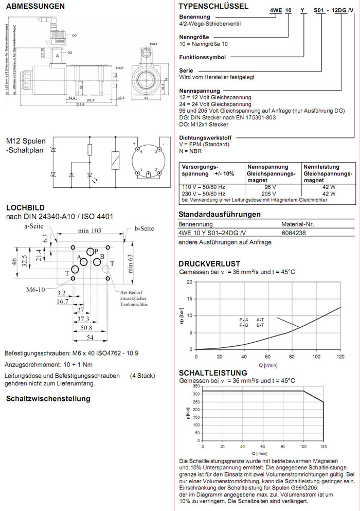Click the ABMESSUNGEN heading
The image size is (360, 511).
pyautogui.click(x=35, y=7)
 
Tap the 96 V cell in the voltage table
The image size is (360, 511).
pyautogui.click(x=271, y=187)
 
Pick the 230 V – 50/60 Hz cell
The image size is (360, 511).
pyautogui.click(x=202, y=193)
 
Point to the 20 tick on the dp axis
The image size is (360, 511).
pyautogui.click(x=190, y=282)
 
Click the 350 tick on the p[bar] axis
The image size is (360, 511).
pyautogui.click(x=188, y=386)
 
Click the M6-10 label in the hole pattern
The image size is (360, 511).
pyautogui.click(x=36, y=290)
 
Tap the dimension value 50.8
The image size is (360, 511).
pyautogui.click(x=85, y=327)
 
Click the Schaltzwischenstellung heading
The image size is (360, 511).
pyautogui.click(x=48, y=398)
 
